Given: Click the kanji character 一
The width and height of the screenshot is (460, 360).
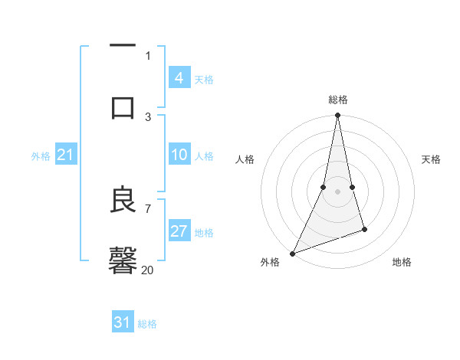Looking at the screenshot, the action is pyautogui.click(x=123, y=47).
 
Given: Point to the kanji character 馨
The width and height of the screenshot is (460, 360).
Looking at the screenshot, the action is pyautogui.click(x=123, y=260).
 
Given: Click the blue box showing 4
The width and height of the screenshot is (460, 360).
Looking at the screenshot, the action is pyautogui.click(x=179, y=77).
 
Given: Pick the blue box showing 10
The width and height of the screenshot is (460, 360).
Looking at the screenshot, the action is pyautogui.click(x=179, y=155).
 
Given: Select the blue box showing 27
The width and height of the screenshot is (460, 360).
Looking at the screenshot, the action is pyautogui.click(x=179, y=231).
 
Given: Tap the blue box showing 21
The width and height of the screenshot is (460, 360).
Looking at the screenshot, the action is pyautogui.click(x=66, y=155).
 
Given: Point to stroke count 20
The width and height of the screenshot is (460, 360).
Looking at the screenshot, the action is pyautogui.click(x=148, y=270).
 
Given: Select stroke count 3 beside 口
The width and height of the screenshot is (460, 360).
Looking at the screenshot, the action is pyautogui.click(x=148, y=116).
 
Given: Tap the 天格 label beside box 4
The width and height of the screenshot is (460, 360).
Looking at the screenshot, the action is pyautogui.click(x=204, y=79).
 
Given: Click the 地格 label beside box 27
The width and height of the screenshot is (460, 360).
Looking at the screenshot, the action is pyautogui.click(x=204, y=233).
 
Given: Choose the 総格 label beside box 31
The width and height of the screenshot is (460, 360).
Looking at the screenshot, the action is pyautogui.click(x=147, y=324).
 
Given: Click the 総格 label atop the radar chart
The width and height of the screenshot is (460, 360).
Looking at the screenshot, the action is pyautogui.click(x=338, y=100).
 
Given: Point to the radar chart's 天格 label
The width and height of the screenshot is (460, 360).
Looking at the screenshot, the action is pyautogui.click(x=431, y=159).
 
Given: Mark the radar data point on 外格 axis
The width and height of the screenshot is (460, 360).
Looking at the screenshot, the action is pyautogui.click(x=292, y=253).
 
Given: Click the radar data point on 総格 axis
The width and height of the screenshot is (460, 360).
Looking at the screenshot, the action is pyautogui.click(x=337, y=116).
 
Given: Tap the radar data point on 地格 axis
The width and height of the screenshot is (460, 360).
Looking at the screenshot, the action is pyautogui.click(x=364, y=229).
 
